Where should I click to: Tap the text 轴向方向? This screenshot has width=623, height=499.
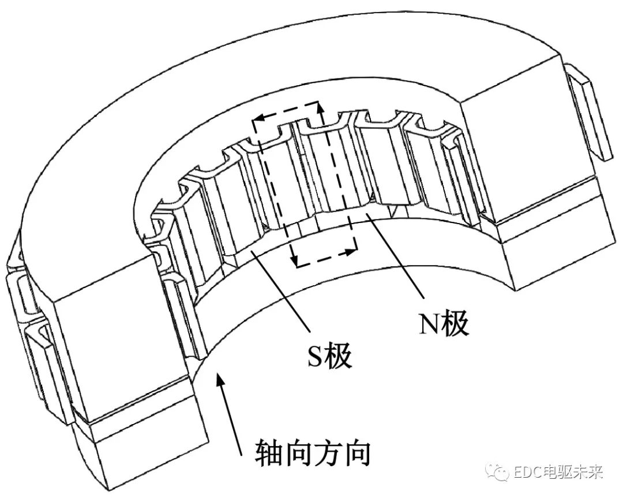click(x=311, y=455)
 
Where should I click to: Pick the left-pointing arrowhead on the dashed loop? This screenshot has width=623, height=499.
click(x=258, y=118)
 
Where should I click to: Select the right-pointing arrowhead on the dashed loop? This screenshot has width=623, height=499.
click(x=350, y=251)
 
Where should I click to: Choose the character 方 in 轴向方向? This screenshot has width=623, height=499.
click(x=326, y=455)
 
